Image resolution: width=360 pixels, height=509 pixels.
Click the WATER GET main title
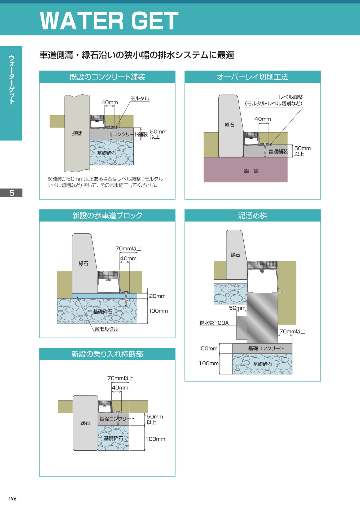(x=109, y=21)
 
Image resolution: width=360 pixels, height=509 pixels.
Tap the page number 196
(x=12, y=499)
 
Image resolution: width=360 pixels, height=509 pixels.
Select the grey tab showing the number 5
(x=11, y=193)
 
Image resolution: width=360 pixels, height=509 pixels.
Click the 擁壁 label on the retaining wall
(x=77, y=133)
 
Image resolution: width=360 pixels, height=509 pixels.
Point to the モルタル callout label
(x=140, y=99)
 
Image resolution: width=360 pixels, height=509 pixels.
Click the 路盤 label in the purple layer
(x=251, y=171)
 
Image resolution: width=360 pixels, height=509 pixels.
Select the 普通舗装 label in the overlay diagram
(x=278, y=151)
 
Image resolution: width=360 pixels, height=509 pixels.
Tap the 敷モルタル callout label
(x=106, y=329)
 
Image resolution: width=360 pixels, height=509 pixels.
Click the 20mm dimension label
(x=157, y=296)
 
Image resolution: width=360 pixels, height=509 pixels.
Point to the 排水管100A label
(x=214, y=323)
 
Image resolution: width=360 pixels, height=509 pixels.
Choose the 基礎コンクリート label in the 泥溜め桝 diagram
(x=266, y=348)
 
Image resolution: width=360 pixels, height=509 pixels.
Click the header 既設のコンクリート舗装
(x=107, y=77)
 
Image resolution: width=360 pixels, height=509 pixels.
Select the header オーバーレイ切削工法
(x=253, y=77)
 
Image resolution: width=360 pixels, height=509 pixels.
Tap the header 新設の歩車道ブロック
(x=107, y=216)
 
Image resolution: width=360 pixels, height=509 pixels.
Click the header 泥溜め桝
(x=253, y=216)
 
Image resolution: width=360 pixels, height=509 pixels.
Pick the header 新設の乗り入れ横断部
(x=107, y=354)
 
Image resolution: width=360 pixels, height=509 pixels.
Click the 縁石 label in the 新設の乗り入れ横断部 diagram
(x=85, y=423)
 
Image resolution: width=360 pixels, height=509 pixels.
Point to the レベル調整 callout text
(x=291, y=97)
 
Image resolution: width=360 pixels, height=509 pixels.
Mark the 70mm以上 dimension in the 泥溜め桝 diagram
(x=292, y=331)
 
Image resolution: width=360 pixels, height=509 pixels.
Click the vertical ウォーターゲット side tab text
(x=12, y=80)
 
